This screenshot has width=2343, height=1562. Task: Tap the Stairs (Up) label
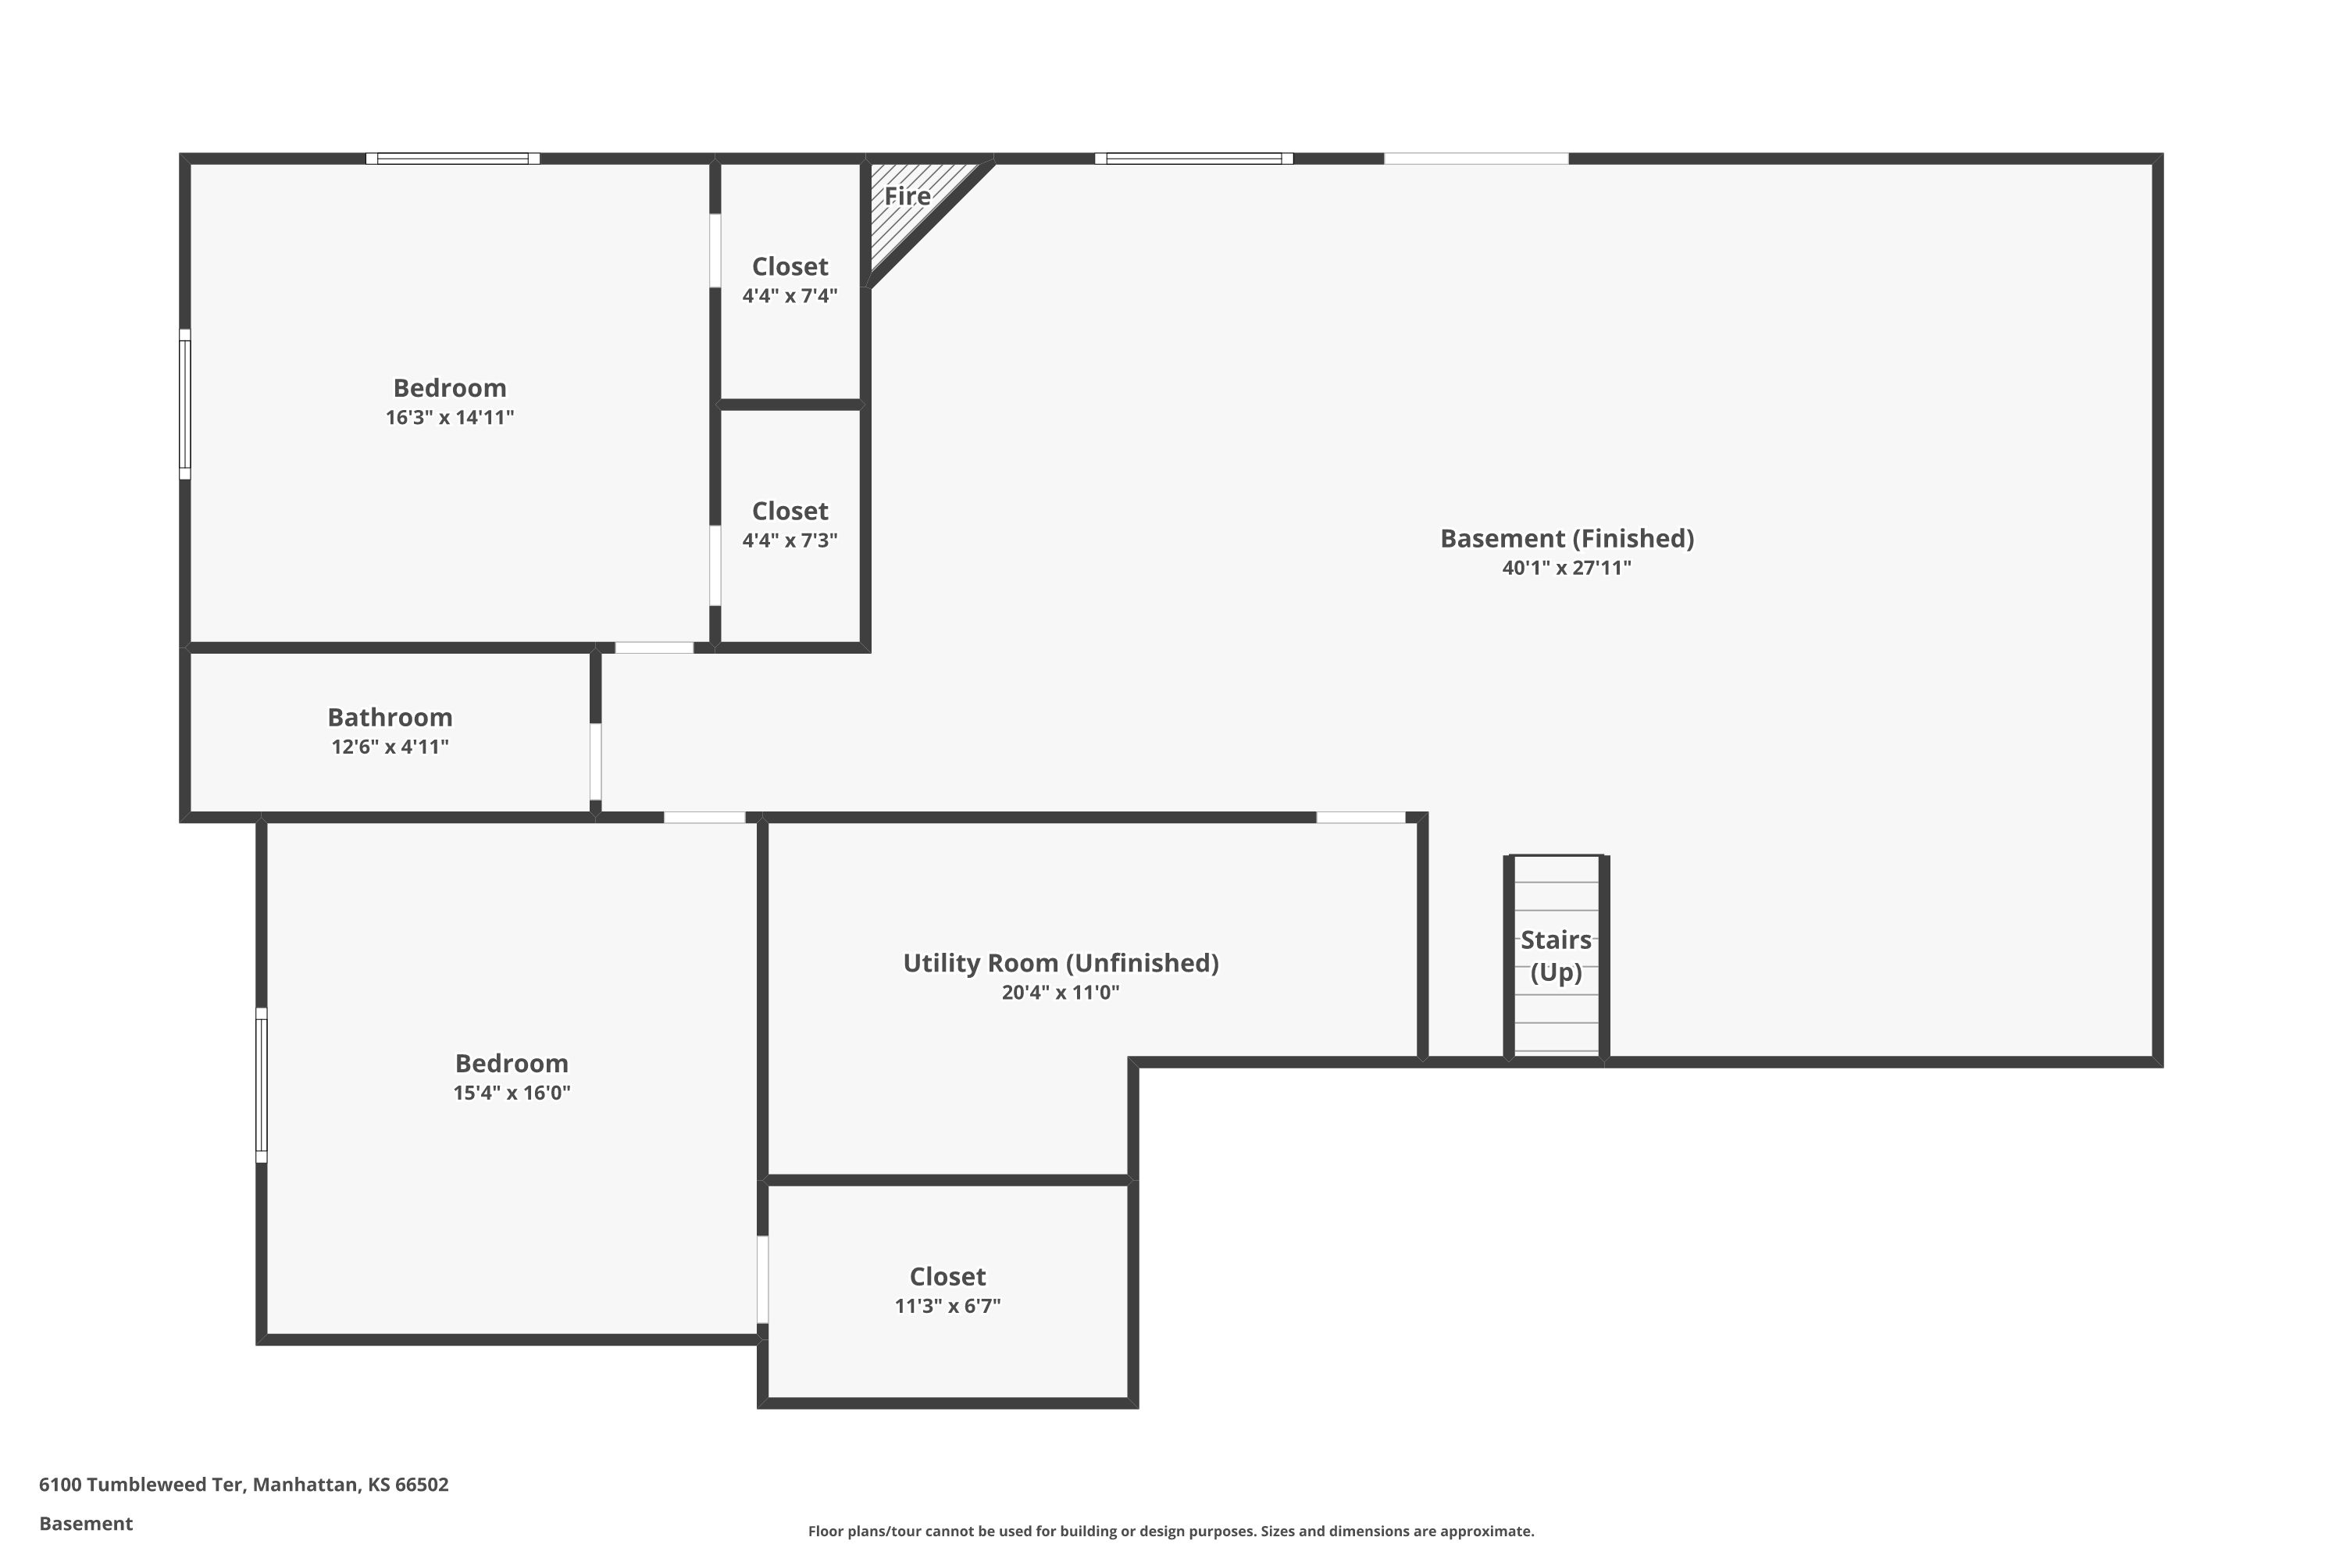point(1555,954)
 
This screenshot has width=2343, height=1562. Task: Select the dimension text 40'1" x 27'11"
point(1566,568)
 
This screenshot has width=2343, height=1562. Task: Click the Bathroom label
point(390,717)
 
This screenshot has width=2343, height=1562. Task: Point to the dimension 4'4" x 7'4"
point(789,296)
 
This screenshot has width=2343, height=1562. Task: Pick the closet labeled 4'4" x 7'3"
point(789,525)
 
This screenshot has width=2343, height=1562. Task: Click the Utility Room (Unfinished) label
point(1060,962)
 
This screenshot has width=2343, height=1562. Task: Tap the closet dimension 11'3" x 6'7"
point(947,1306)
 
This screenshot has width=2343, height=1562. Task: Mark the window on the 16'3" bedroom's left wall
point(184,404)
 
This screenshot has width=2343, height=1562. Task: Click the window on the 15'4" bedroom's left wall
point(261,1085)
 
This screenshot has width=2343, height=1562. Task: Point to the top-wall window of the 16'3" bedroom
point(452,159)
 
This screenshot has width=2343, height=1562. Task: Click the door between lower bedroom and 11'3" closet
point(762,1279)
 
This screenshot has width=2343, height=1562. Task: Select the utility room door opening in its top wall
point(1361,817)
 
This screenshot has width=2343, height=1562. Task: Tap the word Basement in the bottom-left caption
point(86,1523)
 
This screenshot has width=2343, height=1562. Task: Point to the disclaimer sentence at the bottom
point(1171,1531)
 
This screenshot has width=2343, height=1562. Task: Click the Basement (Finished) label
point(1566,539)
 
